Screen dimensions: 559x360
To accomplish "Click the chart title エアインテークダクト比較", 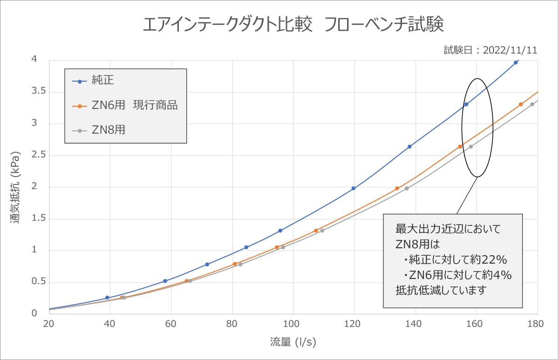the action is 227,24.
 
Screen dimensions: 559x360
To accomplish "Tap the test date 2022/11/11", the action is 510,50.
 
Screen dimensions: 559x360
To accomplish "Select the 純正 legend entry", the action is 93,80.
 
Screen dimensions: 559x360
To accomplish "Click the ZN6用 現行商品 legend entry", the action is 125,105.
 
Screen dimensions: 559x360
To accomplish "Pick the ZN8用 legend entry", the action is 98,130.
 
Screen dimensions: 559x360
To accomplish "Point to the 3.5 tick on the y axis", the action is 39,91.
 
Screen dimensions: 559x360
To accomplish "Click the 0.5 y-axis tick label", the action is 39,281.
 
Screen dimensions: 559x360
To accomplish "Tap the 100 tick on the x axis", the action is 291,324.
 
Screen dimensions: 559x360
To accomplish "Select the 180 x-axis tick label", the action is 536,324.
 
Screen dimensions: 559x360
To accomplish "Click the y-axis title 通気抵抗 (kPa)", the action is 15,187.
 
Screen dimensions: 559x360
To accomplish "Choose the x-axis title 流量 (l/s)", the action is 293,342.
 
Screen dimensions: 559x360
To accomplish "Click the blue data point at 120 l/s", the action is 354,188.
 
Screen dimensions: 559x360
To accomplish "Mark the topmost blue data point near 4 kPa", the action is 516,62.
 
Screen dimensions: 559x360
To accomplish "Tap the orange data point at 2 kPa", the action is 397,188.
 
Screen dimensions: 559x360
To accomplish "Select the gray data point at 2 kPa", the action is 407,188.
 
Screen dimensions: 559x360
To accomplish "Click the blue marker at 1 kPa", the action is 246,247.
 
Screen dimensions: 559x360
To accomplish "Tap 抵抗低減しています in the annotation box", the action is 441,290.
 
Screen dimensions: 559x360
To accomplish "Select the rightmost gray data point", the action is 532,104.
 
